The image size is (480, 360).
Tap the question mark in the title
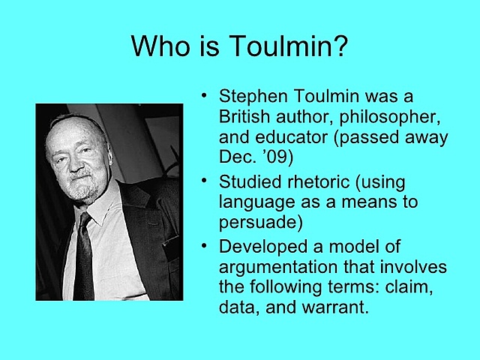click(x=340, y=45)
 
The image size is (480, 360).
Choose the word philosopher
click(x=390, y=118)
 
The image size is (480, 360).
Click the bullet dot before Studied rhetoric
click(x=204, y=180)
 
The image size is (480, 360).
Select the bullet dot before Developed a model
click(x=204, y=245)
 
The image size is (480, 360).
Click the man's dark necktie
click(x=83, y=257)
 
